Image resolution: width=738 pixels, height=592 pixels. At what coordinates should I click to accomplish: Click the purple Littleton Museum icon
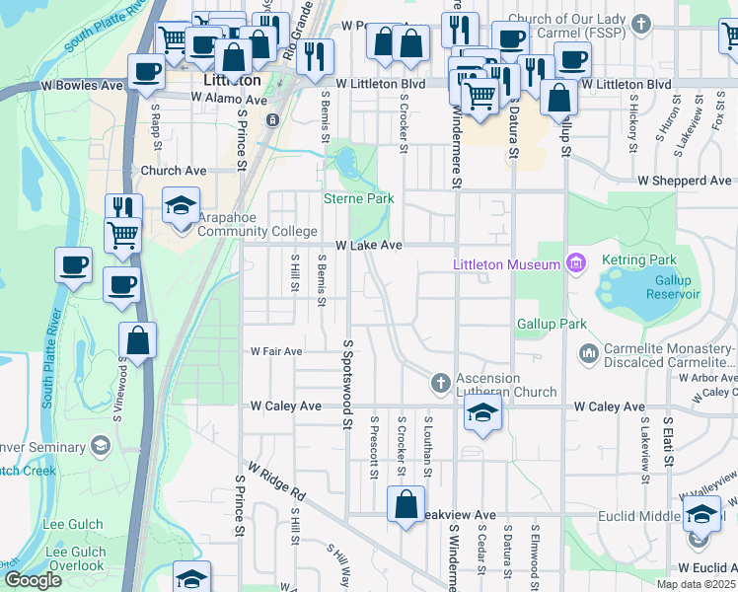(x=575, y=263)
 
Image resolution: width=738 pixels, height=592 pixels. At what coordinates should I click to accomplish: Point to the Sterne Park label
(x=359, y=198)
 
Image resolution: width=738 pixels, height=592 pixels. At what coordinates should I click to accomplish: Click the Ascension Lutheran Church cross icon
(x=440, y=381)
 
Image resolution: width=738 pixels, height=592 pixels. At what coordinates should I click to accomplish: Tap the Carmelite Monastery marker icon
(x=589, y=351)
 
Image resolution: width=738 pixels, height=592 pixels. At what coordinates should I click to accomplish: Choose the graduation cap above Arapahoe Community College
(x=182, y=205)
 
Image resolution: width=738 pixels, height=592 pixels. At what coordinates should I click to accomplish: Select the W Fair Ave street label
(x=275, y=351)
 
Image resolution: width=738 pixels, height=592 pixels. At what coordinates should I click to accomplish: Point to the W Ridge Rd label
(x=278, y=480)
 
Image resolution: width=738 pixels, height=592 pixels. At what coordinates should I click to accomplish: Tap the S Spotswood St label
(x=347, y=385)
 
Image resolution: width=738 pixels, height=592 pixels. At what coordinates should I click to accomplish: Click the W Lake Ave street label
(x=368, y=245)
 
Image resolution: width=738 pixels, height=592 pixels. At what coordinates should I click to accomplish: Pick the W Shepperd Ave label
(x=685, y=182)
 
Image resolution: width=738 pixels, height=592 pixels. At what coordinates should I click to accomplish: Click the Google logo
(x=33, y=580)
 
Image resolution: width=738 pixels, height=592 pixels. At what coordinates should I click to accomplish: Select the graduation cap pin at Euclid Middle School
(x=701, y=515)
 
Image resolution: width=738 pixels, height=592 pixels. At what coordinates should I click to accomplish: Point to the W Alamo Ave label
(x=229, y=99)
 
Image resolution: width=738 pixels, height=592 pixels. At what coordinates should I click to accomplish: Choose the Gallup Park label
(x=552, y=324)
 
